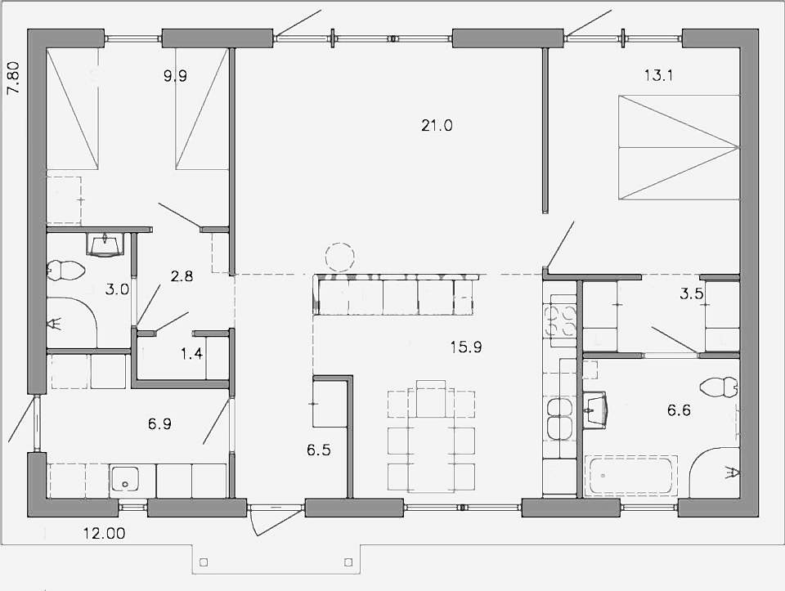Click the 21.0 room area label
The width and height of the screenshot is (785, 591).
[437, 125]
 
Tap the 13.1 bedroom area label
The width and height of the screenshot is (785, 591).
[658, 75]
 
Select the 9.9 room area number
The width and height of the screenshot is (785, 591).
[175, 76]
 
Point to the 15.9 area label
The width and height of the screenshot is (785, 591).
[465, 347]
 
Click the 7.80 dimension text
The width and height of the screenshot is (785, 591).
[14, 78]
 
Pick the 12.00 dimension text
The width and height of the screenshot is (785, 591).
[105, 534]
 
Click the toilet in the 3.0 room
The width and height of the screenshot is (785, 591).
[65, 271]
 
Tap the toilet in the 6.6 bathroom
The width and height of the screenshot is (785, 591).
[719, 387]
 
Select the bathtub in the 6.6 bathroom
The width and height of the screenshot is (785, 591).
[633, 476]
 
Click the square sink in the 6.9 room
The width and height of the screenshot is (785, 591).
[124, 479]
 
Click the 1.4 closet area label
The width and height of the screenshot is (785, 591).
[191, 354]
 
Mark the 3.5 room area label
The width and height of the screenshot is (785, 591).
[692, 293]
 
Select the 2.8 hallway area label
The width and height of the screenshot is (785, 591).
[182, 275]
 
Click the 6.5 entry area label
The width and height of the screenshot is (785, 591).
[318, 450]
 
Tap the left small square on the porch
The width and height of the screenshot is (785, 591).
[204, 562]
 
